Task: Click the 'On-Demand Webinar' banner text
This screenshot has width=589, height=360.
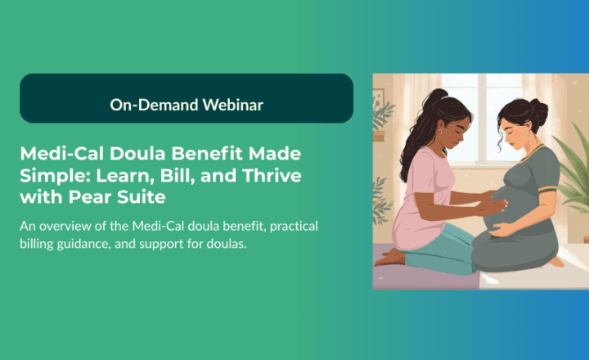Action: point(187,104)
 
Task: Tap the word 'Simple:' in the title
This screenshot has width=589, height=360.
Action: point(51,176)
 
